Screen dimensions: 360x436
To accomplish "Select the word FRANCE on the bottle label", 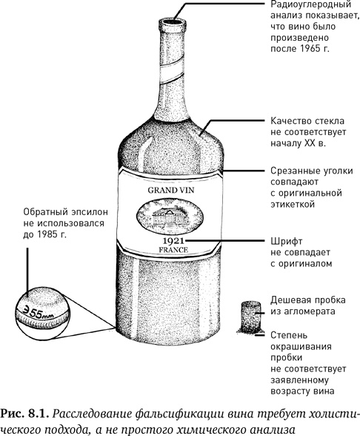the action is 173,250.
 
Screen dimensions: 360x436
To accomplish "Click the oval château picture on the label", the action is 170,215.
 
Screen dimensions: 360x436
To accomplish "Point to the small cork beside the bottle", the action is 250,317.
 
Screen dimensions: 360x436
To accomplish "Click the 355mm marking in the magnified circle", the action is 39,313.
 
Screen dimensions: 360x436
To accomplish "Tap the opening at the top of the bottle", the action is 172,22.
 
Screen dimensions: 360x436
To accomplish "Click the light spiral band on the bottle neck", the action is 172,73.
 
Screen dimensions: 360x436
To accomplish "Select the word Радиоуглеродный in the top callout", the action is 311,4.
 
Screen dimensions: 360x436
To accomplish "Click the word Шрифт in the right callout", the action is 287,242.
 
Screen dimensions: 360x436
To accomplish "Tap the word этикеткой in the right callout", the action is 293,204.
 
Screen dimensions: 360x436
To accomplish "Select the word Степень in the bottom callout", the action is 289,335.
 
